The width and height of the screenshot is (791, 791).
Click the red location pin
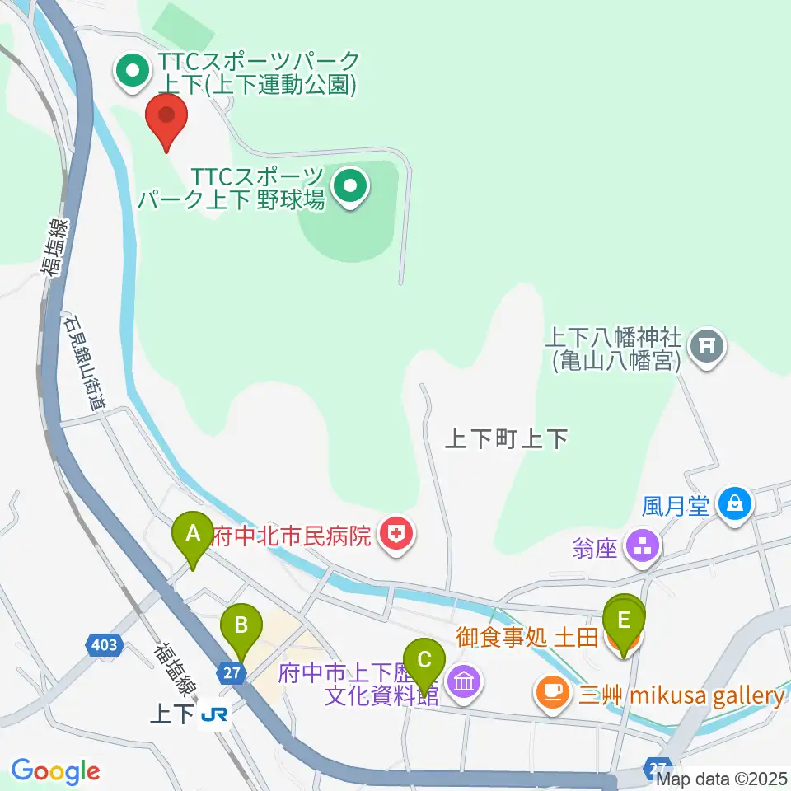click(166, 119)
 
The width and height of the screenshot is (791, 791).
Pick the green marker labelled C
click(424, 664)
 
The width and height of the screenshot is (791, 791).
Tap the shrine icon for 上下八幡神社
click(706, 346)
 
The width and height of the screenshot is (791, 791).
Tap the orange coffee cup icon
click(550, 692)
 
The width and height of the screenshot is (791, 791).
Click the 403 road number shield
click(105, 644)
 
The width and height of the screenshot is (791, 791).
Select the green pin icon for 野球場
click(351, 187)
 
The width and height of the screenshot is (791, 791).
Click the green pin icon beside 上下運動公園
click(132, 73)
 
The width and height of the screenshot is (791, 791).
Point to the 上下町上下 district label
click(506, 438)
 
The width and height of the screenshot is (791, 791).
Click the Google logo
click(55, 770)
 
